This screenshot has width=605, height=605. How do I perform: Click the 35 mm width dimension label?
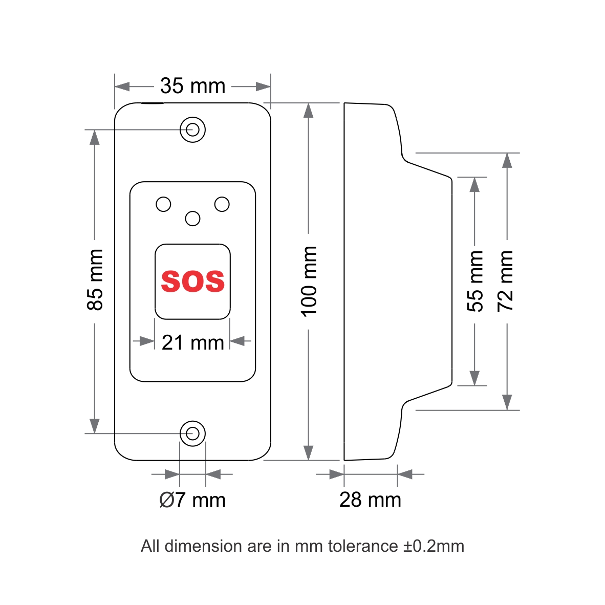[x=192, y=86]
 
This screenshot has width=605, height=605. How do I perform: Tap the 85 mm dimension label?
[x=95, y=280]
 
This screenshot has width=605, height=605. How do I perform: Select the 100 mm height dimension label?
[x=309, y=281]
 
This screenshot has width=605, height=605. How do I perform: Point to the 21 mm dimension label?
[x=193, y=342]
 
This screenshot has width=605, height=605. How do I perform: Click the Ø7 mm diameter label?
[x=192, y=500]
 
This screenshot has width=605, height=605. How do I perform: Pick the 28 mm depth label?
[x=370, y=500]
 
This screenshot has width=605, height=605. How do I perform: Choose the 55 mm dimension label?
[x=475, y=280]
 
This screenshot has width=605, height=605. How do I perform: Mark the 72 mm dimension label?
[x=506, y=280]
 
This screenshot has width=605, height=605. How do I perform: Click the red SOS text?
[x=193, y=281]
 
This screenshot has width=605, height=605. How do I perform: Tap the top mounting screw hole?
[x=193, y=129]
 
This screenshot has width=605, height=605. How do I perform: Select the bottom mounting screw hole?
[x=193, y=434]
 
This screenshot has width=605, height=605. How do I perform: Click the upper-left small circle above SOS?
[x=163, y=204]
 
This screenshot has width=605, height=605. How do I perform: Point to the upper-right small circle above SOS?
[x=222, y=204]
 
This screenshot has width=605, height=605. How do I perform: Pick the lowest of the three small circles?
[x=192, y=219]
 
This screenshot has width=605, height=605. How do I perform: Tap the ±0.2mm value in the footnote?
[x=434, y=546]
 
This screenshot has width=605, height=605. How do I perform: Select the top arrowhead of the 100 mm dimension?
[x=308, y=111]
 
